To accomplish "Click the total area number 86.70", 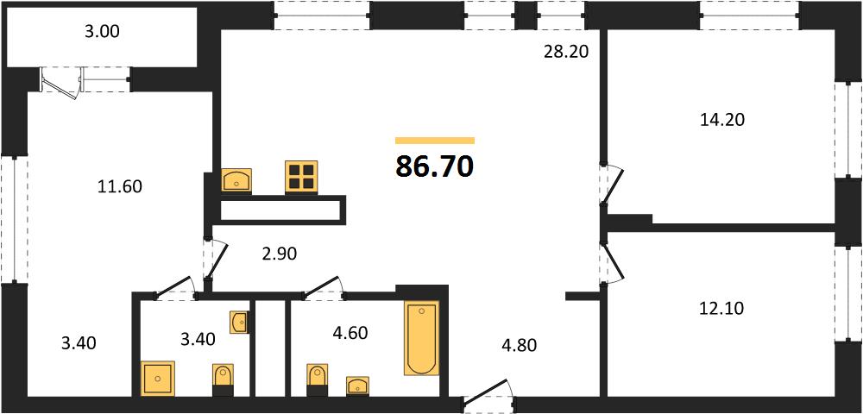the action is [435, 166].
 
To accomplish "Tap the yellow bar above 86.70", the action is [435, 141].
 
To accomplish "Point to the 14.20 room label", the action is [722, 119].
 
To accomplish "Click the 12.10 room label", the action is [721, 309].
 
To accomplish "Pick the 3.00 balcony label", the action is [101, 32].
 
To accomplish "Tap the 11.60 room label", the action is [119, 187].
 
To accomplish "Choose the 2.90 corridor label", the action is [279, 254].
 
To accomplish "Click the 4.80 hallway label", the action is [518, 345].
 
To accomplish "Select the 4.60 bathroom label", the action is [350, 333].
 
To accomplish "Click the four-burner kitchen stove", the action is [301, 177].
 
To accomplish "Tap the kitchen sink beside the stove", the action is [236, 180].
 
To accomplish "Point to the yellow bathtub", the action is [422, 338].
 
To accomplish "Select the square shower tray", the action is [158, 379].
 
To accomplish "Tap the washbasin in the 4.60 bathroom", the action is [358, 386].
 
